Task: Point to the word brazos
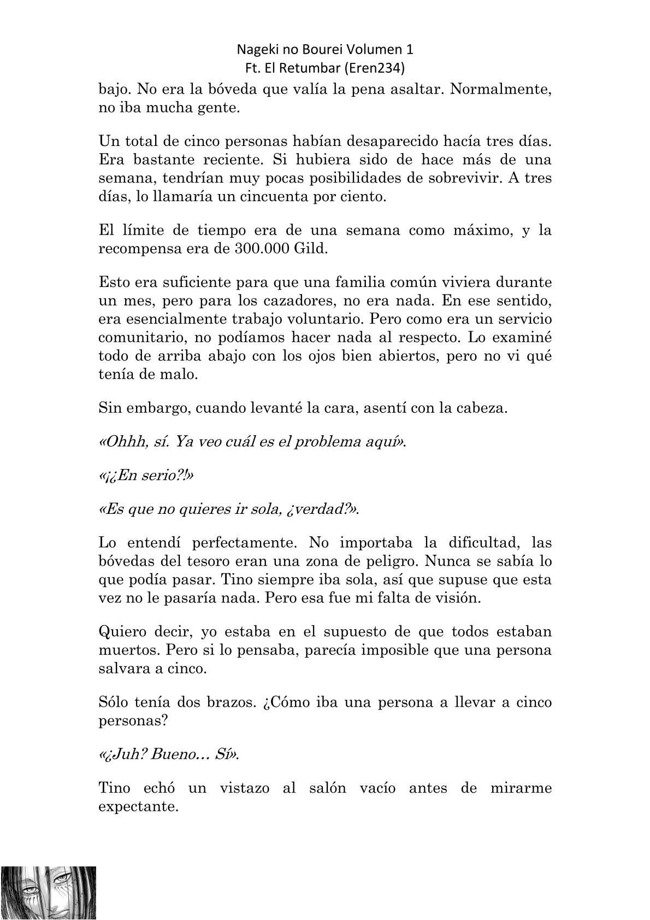(x=221, y=702)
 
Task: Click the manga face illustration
(x=49, y=893)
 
